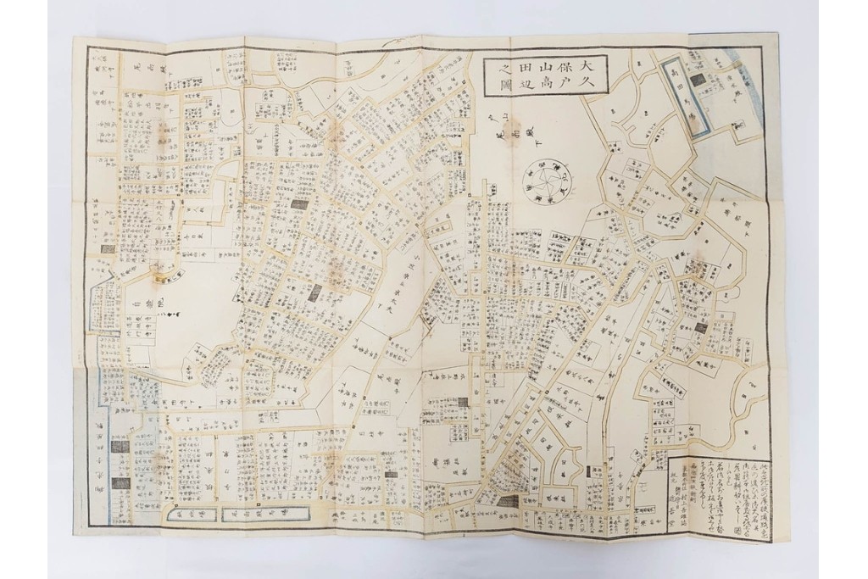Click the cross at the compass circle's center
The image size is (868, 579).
tap(548, 179)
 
